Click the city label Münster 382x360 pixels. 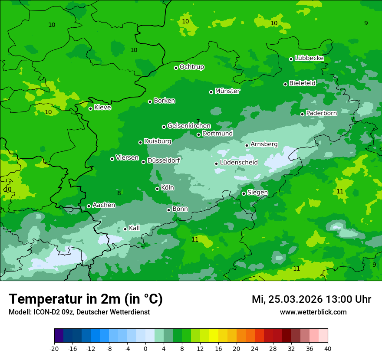pyautogui.click(x=227, y=91)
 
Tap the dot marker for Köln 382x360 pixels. pyautogui.click(x=158, y=189)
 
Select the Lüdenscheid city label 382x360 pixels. pyautogui.click(x=239, y=163)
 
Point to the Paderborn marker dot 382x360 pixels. pyautogui.click(x=303, y=114)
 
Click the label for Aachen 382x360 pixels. pyautogui.click(x=104, y=205)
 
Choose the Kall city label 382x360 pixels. pyautogui.click(x=135, y=228)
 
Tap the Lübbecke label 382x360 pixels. pyautogui.click(x=309, y=59)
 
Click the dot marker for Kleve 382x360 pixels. pyautogui.click(x=90, y=108)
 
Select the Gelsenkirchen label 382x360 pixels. pyautogui.click(x=189, y=126)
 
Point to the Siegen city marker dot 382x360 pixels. pyautogui.click(x=244, y=193)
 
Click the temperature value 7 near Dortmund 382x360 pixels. pyautogui.click(x=198, y=122)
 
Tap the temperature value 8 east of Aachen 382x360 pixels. pyautogui.click(x=119, y=193)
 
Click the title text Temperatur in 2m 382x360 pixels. pyautogui.click(x=86, y=299)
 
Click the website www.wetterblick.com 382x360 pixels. pyautogui.click(x=313, y=312)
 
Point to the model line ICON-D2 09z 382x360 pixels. pyautogui.click(x=79, y=312)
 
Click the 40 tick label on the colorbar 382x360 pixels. pyautogui.click(x=328, y=349)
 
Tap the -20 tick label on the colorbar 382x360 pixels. pyautogui.click(x=54, y=349)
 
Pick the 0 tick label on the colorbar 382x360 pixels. pyautogui.click(x=145, y=349)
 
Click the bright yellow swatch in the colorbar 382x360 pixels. pyautogui.click(x=214, y=336)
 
